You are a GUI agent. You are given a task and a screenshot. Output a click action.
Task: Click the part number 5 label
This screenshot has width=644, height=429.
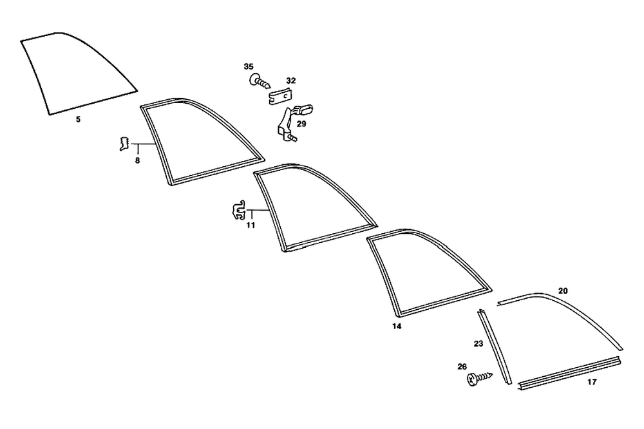point(78,120)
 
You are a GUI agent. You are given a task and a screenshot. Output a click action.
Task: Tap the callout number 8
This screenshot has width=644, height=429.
point(137,160)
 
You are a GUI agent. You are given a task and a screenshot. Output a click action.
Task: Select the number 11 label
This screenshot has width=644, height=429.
point(251,225)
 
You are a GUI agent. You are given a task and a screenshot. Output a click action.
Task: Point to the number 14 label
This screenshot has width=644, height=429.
point(397,327)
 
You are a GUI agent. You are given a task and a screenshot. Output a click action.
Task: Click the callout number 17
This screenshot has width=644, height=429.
point(592,382)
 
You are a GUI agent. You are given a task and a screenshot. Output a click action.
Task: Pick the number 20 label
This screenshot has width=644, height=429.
point(563,291)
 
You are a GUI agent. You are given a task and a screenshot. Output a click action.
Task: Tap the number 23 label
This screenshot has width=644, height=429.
point(478,344)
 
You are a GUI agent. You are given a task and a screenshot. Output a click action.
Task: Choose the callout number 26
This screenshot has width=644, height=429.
point(462,367)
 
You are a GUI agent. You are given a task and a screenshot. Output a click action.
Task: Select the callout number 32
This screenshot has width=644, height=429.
point(291,81)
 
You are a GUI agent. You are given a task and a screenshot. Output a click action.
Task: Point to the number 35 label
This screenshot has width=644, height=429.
point(249,66)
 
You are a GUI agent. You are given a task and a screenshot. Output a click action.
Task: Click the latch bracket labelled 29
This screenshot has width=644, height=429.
point(288,122)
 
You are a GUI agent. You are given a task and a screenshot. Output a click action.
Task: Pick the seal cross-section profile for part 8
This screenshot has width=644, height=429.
point(122,144)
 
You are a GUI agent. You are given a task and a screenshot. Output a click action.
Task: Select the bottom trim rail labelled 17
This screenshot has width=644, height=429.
point(569,372)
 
